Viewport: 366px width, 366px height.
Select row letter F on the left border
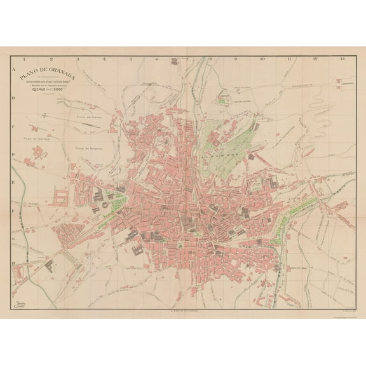(13, 207)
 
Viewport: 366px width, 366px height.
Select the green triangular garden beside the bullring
(118, 205)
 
